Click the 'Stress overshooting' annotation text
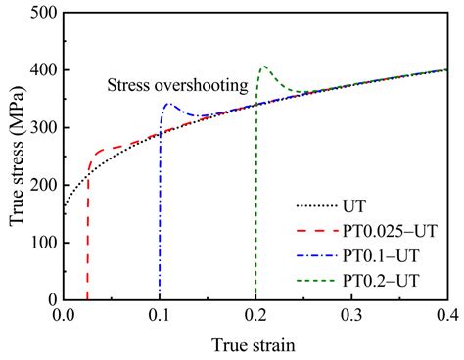[x=177, y=86]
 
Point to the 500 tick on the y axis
[x=41, y=13]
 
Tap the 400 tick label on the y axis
[x=41, y=70]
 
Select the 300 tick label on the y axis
[x=41, y=128]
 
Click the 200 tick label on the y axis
[x=41, y=185]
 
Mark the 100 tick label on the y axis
[x=41, y=243]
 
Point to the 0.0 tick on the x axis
[x=64, y=315]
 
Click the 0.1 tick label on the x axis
[x=160, y=315]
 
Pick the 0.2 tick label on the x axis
[x=255, y=315]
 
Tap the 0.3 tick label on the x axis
[x=351, y=315]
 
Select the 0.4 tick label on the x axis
[x=447, y=315]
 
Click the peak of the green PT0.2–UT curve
[x=263, y=67]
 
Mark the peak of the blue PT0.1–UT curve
[x=168, y=103]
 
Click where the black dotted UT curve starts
[x=65, y=206]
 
